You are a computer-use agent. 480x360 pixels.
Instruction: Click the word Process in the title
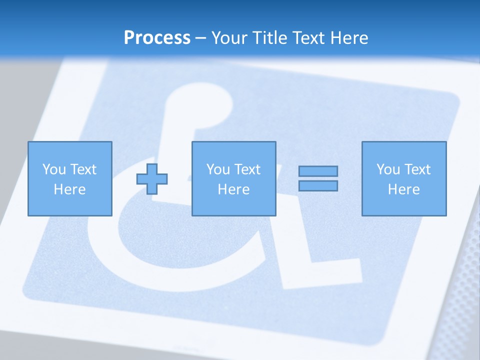(157, 38)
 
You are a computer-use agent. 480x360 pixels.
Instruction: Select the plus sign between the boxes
(152, 178)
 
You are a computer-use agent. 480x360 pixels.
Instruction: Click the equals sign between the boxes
(318, 178)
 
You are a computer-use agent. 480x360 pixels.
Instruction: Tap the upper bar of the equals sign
(318, 171)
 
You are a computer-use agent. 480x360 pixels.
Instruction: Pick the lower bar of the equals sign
(318, 185)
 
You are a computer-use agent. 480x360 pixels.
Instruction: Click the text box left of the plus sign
(69, 178)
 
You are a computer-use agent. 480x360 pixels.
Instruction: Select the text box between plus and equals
(233, 178)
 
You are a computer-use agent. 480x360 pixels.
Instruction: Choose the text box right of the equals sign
(403, 178)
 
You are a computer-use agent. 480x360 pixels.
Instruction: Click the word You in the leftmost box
(54, 169)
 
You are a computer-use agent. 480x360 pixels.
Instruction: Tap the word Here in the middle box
(233, 189)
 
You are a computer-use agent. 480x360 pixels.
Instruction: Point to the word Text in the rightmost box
(417, 169)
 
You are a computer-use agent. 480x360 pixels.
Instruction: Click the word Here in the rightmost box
(403, 189)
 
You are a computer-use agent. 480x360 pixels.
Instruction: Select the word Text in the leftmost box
(83, 169)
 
